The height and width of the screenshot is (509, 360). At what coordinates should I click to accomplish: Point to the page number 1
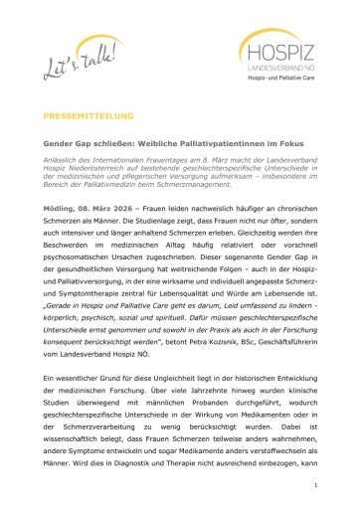pos(314,485)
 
